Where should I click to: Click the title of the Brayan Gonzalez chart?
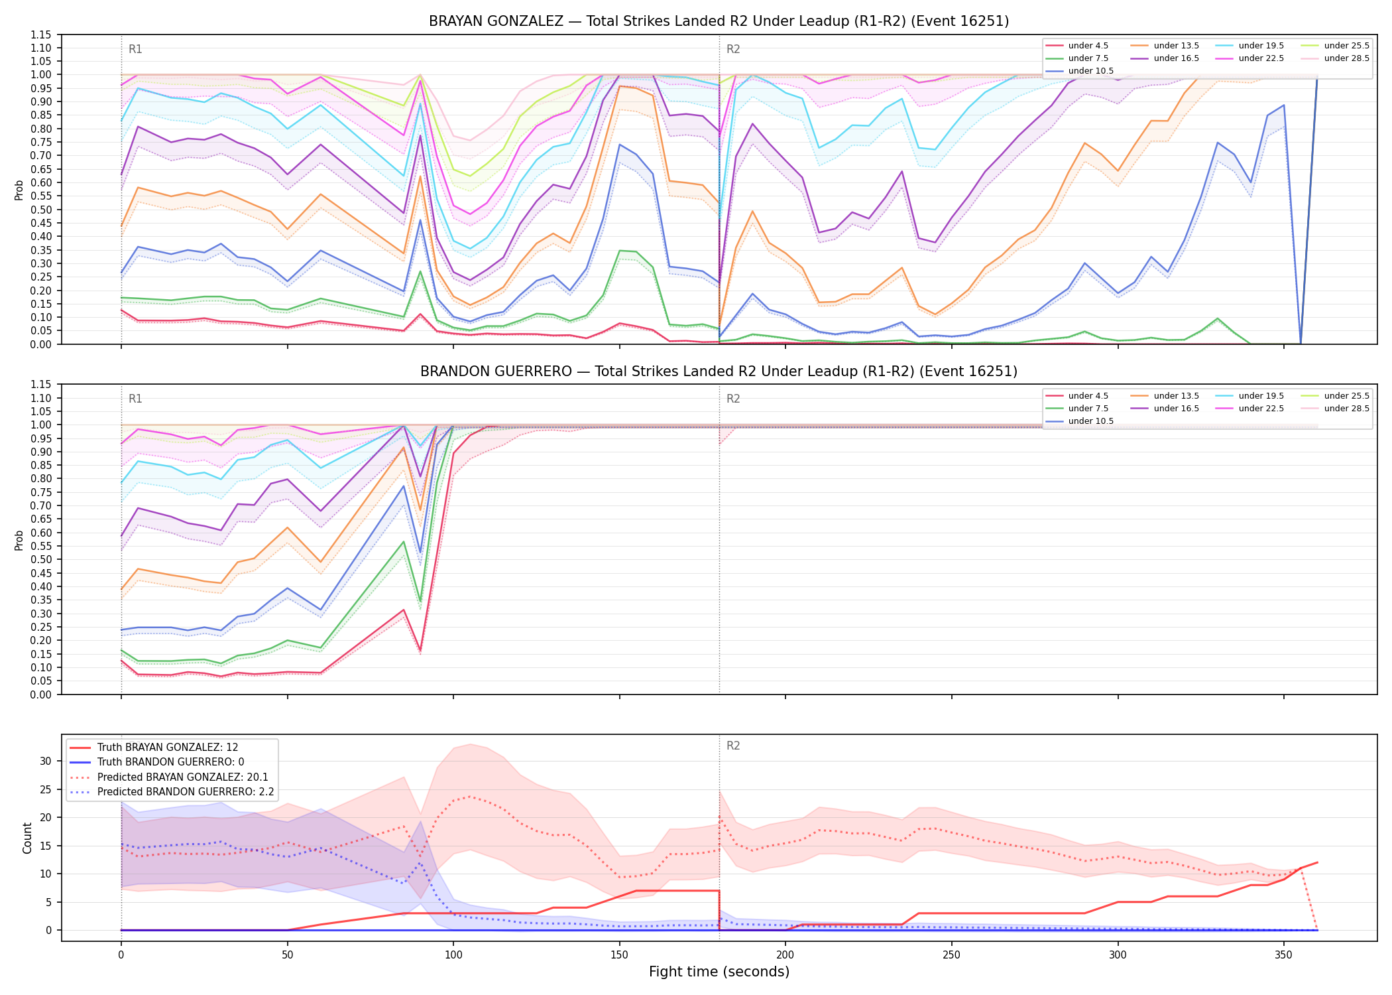coord(719,21)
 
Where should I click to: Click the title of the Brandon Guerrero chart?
coord(719,371)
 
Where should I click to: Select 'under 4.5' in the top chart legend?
coord(1088,46)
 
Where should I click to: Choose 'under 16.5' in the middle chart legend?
coord(1176,409)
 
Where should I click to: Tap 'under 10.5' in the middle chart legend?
coord(1090,421)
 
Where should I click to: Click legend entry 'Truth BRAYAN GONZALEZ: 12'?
coord(168,748)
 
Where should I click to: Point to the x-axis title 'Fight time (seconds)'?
coord(719,972)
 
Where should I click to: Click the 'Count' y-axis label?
coord(27,838)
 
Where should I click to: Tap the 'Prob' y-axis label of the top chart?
coord(19,190)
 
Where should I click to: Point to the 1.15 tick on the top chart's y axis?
coord(41,34)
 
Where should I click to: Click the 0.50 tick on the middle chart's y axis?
coord(41,560)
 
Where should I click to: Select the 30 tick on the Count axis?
coord(46,761)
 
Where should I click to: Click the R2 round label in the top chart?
coord(733,49)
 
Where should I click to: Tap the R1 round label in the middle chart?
coord(135,399)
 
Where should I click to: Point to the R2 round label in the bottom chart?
coord(733,746)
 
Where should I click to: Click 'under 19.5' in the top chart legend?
coord(1261,46)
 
